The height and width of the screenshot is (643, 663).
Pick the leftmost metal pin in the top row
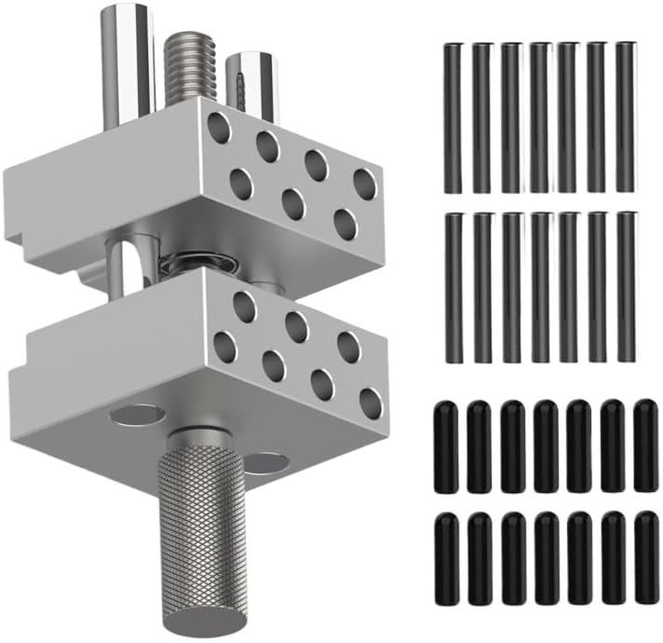click(453, 117)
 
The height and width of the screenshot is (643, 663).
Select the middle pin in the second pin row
click(540, 287)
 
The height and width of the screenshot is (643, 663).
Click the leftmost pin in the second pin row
click(453, 287)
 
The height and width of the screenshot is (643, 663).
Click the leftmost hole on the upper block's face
click(219, 128)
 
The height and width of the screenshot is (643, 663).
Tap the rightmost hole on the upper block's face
click(364, 185)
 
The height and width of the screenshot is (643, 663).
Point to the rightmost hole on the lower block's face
click(371, 404)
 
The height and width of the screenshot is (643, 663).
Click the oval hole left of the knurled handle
click(137, 415)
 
